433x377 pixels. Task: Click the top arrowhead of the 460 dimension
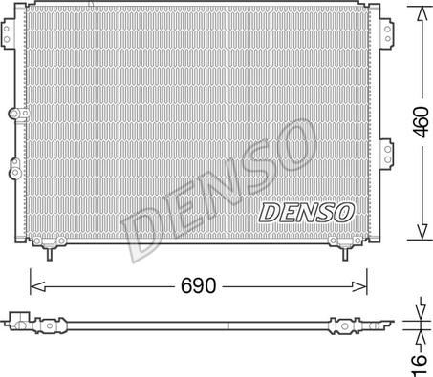[418, 10]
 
